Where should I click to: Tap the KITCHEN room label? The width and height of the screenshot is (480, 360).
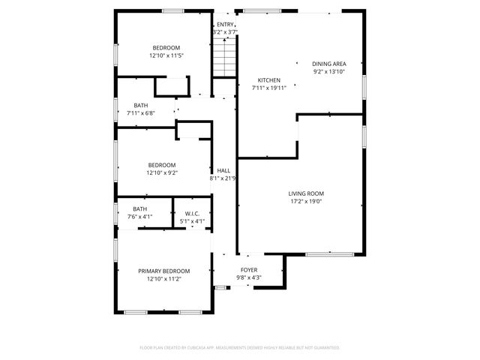[269, 80]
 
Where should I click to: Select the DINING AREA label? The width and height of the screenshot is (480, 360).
[328, 64]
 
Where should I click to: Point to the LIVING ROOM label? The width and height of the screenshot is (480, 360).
[306, 193]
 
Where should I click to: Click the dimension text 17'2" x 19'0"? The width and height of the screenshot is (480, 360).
[306, 201]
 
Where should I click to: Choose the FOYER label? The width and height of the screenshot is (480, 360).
[249, 270]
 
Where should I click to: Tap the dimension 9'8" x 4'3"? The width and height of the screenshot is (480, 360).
[249, 277]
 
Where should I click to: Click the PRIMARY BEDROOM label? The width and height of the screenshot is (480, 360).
[163, 271]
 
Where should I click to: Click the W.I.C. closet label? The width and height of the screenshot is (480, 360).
[192, 214]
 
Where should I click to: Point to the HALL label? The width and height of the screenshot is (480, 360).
[223, 171]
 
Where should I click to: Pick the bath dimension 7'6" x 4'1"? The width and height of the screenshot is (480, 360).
[140, 217]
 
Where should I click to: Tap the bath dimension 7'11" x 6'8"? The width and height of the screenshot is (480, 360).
[141, 112]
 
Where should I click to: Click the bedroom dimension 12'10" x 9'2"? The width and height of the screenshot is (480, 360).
[161, 172]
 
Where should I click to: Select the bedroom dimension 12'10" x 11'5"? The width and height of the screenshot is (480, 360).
[166, 55]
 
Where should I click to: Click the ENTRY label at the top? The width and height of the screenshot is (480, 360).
[225, 25]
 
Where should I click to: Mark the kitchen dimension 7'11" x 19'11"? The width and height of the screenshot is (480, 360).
[269, 88]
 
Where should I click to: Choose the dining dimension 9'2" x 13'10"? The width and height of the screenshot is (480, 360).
[328, 71]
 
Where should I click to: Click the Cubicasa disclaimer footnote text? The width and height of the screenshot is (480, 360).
[240, 347]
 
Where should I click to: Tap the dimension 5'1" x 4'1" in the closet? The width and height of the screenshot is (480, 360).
[192, 221]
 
